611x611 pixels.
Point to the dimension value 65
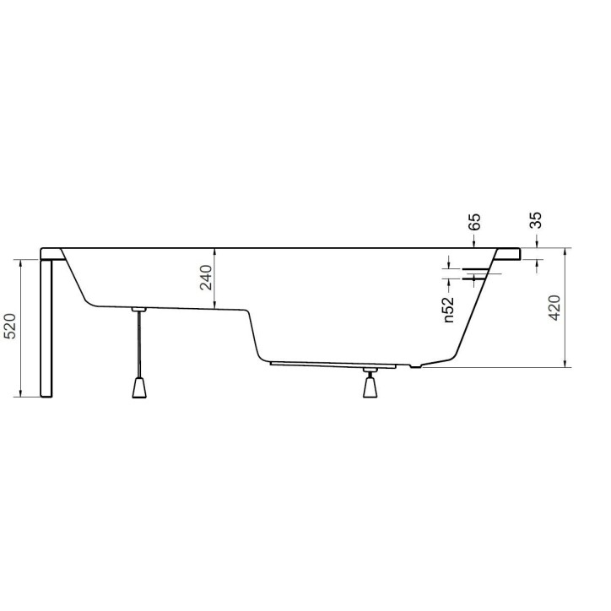point(474,223)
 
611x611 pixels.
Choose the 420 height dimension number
point(554,309)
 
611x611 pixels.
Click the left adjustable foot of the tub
point(140,387)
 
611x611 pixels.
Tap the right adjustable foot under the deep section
point(369,387)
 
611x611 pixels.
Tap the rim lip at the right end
point(511,252)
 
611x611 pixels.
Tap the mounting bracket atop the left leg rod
point(140,310)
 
